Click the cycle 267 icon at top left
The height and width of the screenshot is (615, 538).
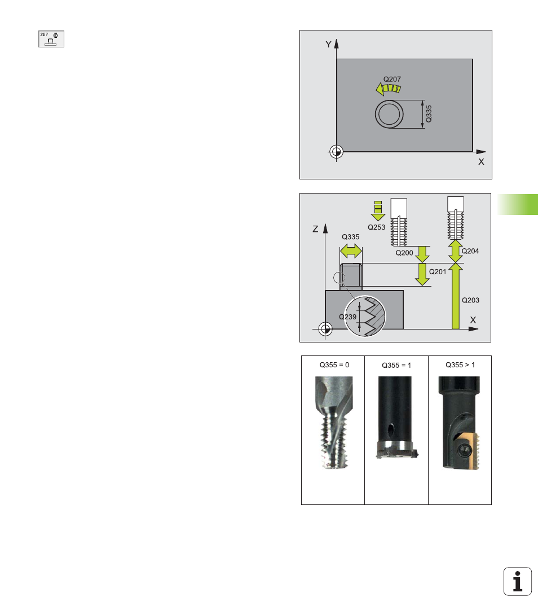(51, 39)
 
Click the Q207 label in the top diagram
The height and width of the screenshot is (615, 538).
(392, 79)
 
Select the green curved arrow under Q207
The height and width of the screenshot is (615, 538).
(388, 89)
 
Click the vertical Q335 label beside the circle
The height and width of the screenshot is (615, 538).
(429, 114)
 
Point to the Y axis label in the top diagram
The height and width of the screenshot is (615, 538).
(329, 45)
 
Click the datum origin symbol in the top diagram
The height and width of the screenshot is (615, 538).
(336, 151)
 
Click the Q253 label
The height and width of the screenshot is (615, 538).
(377, 227)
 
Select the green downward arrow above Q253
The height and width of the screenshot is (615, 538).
(378, 210)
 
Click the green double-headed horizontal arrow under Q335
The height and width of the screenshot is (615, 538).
(351, 251)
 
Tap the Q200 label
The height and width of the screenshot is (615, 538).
(404, 253)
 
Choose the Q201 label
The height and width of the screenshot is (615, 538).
(438, 272)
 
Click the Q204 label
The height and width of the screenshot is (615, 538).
(470, 251)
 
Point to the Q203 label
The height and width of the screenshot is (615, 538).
(470, 300)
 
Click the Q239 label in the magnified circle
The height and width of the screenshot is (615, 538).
(348, 317)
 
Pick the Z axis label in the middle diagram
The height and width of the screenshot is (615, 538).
(315, 229)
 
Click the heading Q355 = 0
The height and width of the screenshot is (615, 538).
(334, 365)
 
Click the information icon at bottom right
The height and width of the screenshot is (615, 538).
(518, 581)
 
